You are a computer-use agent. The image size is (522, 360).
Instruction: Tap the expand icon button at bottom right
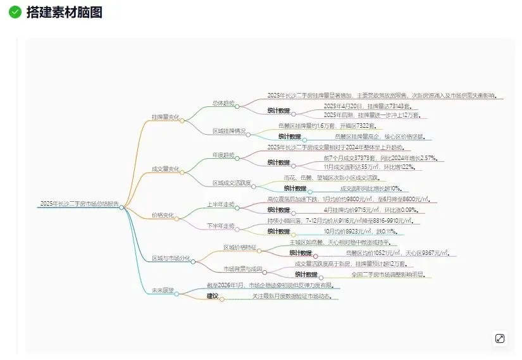500,338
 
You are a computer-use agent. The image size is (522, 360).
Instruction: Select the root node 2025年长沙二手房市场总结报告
79,204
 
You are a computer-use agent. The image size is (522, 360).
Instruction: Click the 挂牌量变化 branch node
165,117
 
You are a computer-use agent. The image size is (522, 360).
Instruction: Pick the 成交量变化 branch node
165,169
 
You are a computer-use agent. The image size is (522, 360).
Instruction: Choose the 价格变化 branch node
163,215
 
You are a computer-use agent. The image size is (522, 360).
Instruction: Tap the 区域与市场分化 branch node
171,258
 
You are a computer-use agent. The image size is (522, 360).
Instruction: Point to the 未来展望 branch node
163,290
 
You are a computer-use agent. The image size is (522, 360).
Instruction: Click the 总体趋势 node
223,102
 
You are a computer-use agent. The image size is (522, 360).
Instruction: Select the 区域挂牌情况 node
229,131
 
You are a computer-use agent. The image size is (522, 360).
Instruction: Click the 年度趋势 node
223,154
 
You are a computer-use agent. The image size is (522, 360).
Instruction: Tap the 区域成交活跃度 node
232,183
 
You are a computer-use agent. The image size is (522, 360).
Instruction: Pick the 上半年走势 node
221,204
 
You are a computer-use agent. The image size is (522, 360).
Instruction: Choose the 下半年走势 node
221,226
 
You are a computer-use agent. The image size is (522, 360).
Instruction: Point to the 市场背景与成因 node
243,269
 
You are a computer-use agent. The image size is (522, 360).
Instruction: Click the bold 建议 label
213,295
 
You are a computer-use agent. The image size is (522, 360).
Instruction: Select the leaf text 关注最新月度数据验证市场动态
292,295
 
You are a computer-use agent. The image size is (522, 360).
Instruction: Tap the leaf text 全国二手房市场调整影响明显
388,275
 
